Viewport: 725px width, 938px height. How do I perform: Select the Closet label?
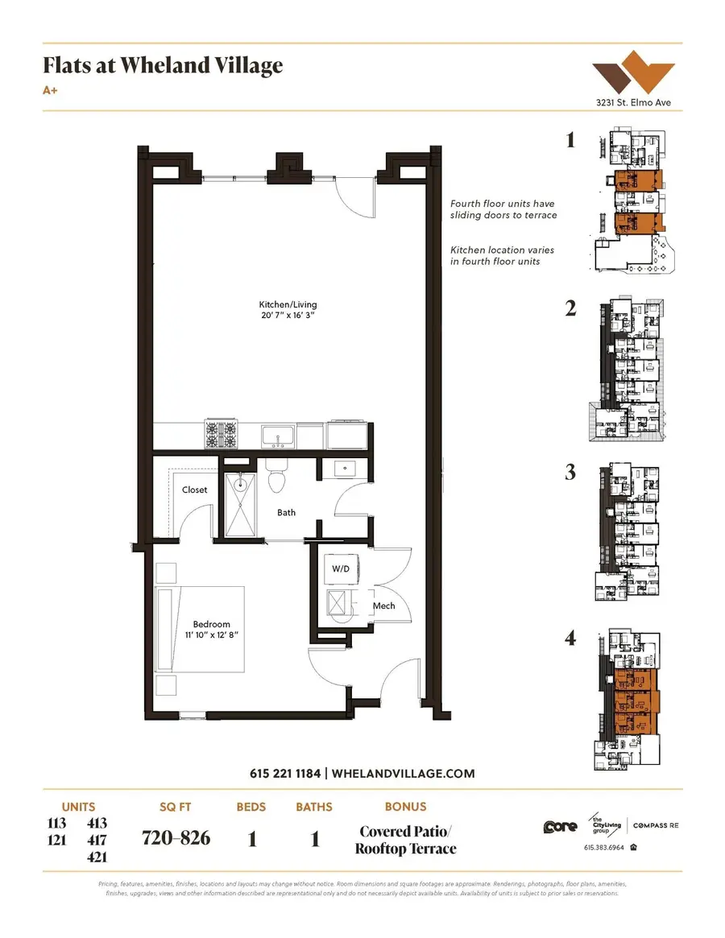tap(194, 490)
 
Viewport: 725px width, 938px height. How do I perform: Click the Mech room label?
tap(383, 605)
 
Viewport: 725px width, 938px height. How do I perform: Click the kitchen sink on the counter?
tap(278, 437)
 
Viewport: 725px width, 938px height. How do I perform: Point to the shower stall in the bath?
tap(240, 505)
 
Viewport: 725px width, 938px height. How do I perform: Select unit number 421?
tap(96, 857)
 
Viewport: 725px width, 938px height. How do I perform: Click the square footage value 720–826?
tap(176, 838)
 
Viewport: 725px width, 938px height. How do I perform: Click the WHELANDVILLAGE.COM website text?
tap(403, 774)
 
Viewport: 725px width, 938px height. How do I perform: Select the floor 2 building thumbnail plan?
tap(632, 370)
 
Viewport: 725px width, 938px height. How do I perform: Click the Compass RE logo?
tap(655, 825)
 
